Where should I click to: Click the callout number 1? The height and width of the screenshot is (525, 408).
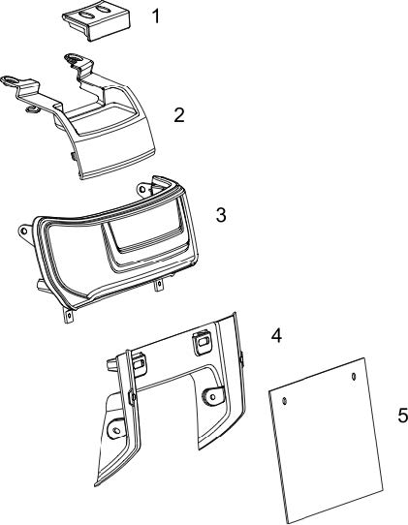(x=156, y=15)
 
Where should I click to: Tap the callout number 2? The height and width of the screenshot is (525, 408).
(x=179, y=115)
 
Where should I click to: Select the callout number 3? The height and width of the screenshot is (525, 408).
(x=221, y=215)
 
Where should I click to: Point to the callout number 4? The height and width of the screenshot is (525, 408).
(x=276, y=335)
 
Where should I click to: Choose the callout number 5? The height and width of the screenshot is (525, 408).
(x=402, y=416)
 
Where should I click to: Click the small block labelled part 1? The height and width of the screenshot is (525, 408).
(x=96, y=21)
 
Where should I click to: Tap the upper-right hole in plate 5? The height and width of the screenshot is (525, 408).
(x=354, y=377)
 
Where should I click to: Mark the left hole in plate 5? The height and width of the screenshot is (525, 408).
(x=284, y=400)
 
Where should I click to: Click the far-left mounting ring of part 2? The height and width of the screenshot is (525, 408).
(x=10, y=80)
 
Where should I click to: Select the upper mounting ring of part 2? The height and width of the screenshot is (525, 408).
(x=75, y=58)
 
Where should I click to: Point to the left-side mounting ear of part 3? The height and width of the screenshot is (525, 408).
(x=25, y=232)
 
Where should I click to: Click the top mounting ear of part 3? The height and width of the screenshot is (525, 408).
(x=144, y=189)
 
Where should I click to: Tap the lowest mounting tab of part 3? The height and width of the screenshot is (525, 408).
(x=69, y=316)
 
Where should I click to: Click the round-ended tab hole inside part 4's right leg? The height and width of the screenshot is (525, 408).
(x=212, y=396)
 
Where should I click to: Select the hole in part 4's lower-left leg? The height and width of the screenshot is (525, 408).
(x=116, y=430)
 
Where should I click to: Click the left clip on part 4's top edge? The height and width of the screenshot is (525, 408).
(x=139, y=364)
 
